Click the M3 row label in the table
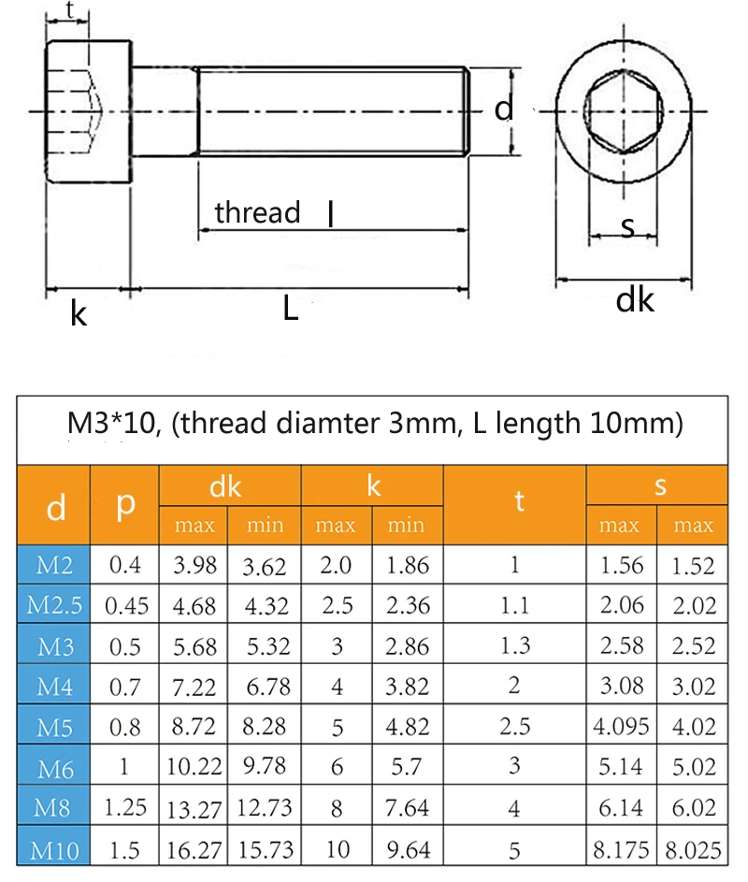point(54,646)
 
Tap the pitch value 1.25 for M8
point(126,806)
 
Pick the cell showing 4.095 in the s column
point(622,727)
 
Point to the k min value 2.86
point(406,646)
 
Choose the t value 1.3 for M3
point(515,646)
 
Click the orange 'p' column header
point(126,505)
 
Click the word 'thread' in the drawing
point(257,212)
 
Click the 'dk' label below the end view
point(635,301)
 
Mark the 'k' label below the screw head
point(79,314)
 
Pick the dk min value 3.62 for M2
point(265,566)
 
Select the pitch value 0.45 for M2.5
point(126,606)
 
